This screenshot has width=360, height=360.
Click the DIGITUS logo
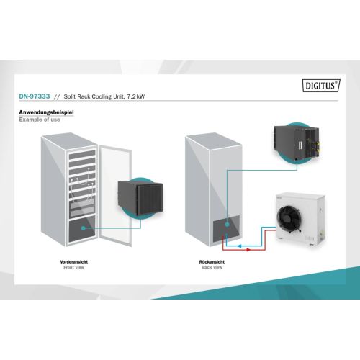point(321,86)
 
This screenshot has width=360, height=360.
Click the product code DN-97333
point(35,96)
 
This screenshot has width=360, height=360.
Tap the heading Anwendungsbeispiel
point(46,112)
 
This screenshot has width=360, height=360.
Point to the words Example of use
point(40,120)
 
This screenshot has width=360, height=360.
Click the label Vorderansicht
point(74,262)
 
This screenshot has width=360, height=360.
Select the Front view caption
point(74,267)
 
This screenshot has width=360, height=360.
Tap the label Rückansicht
point(212,262)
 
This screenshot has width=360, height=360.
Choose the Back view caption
point(212,267)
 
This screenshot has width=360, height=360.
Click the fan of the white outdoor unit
point(289,217)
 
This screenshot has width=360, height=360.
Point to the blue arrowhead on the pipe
point(239,246)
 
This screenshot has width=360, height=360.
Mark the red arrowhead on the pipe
point(248,250)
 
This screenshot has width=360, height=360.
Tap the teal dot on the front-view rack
point(84,228)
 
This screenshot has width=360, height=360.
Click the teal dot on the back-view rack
point(227,225)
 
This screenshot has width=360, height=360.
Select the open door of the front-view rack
point(115,196)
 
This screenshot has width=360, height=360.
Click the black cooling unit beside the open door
point(140,199)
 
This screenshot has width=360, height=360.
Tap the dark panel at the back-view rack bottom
point(226,228)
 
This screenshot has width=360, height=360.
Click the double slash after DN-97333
point(57,97)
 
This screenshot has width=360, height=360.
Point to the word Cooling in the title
point(102,96)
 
